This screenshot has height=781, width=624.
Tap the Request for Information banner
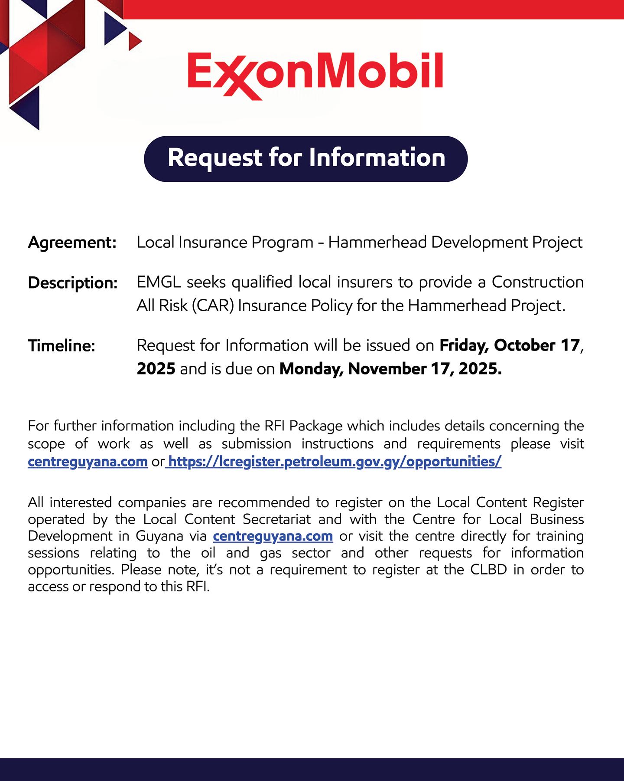click(306, 158)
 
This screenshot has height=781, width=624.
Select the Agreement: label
click(72, 243)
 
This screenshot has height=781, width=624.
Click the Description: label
click(73, 283)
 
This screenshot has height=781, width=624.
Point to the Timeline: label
click(62, 346)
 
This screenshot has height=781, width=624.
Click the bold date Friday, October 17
click(510, 345)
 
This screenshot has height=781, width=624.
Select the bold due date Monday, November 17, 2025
click(390, 369)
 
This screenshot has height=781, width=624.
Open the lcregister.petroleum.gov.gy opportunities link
click(334, 462)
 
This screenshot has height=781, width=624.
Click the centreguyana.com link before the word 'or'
click(88, 462)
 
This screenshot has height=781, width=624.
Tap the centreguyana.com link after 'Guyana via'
click(273, 536)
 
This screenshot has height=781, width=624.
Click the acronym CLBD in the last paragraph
click(488, 569)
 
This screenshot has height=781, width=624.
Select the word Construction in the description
click(537, 282)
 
